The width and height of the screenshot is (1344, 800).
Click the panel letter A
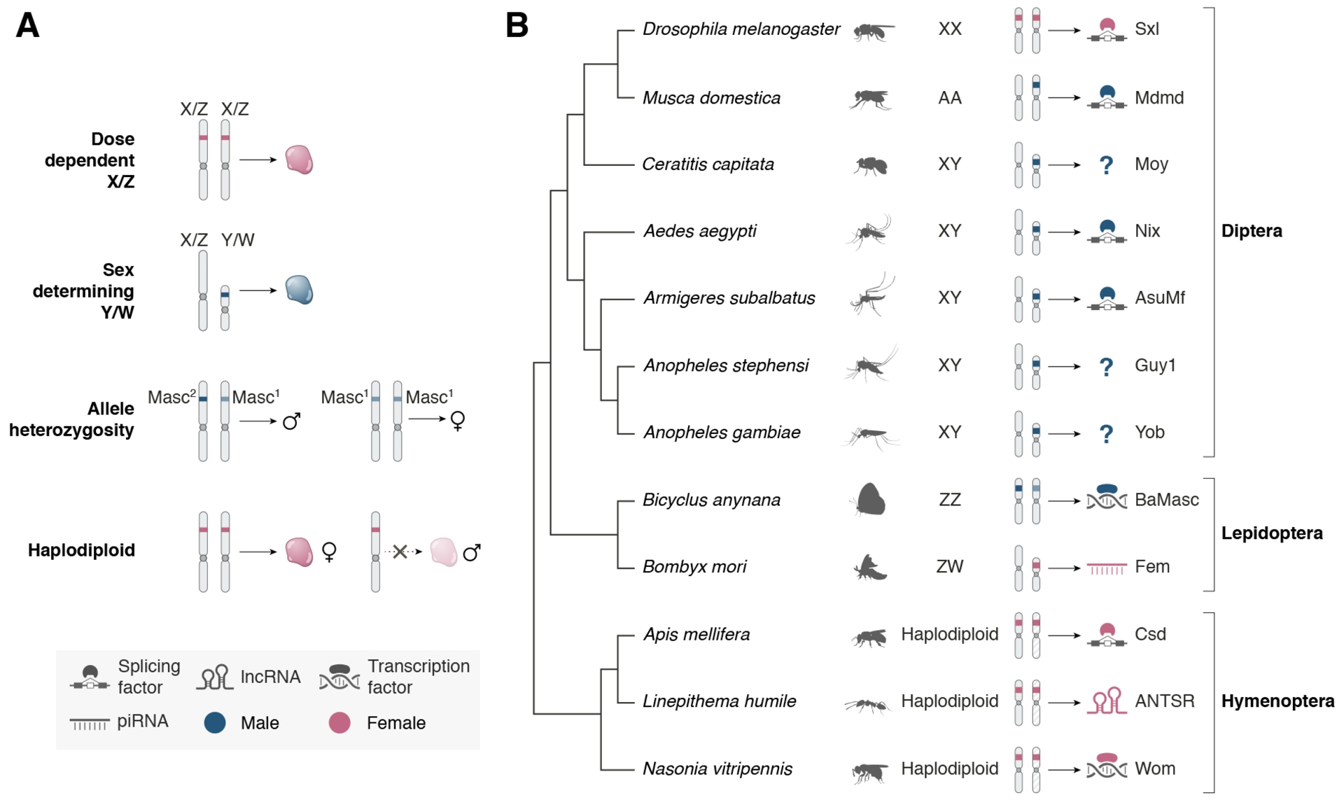pos(27,26)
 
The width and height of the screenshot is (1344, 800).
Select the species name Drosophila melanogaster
pos(741,29)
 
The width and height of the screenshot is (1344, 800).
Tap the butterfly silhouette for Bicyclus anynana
pos(871,500)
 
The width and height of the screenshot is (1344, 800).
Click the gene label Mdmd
pos(1158,98)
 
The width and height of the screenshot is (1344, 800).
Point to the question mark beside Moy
pos(1106,165)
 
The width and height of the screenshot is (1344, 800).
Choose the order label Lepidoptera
pos(1271,533)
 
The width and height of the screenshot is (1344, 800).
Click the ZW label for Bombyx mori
pos(949,566)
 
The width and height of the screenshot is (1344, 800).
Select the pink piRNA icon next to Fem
pos(1106,568)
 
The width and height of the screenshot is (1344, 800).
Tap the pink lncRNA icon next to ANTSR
pos(1106,701)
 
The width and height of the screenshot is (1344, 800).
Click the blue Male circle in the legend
pos(215,723)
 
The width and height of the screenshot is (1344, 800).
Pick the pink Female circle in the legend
pos(339,723)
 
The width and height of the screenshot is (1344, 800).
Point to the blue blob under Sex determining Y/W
pos(299,290)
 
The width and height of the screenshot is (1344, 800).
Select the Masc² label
pos(171,398)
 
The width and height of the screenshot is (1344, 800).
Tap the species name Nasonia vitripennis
pos(717,769)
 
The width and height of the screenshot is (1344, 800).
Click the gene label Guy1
pos(1154,365)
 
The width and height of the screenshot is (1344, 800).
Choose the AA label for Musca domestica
pos(949,98)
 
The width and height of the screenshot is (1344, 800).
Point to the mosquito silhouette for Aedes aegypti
pos(868,232)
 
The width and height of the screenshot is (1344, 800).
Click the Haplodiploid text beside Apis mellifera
pos(949,634)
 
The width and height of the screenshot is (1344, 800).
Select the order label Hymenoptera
pos(1277,701)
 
